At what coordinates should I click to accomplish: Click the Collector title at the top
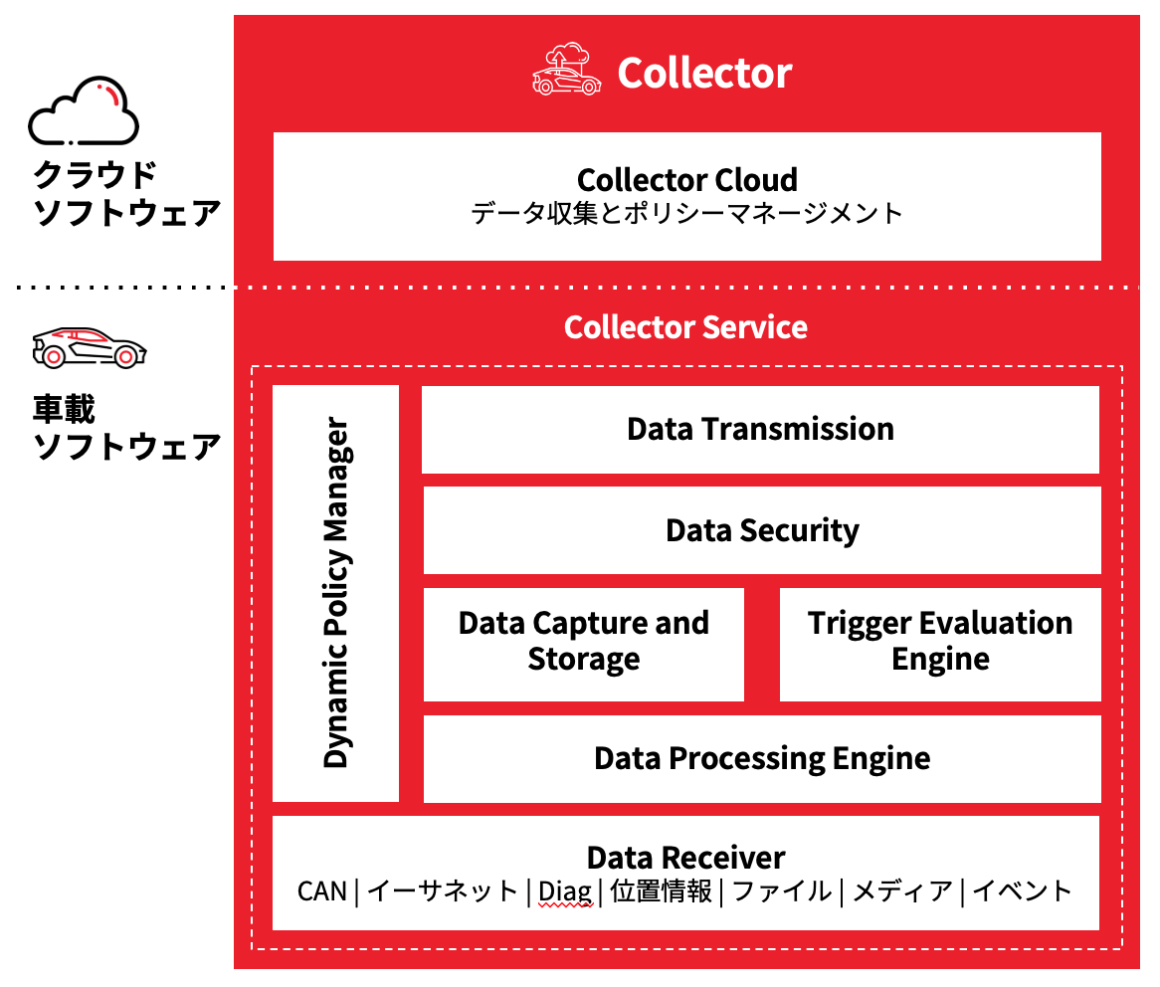704,73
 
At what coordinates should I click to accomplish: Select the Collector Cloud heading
686,180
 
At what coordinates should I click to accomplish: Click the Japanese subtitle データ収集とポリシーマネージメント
686,212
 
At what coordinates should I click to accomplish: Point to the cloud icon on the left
84,111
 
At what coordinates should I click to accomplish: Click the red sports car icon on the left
89,347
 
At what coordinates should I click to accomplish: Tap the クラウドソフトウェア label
126,194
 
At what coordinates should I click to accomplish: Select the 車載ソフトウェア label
126,428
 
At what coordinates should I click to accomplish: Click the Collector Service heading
685,327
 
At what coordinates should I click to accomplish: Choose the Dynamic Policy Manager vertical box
336,593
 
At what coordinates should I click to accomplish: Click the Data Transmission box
760,430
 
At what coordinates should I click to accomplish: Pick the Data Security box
762,530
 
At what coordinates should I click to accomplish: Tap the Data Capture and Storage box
584,642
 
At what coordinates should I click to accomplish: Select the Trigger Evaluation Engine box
940,642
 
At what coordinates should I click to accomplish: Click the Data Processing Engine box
762,758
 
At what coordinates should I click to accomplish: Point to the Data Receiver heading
685,858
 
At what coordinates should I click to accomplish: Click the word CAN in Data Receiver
321,891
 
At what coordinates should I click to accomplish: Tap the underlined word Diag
564,891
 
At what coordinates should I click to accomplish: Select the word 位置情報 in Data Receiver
662,891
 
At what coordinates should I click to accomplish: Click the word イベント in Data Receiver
1022,891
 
